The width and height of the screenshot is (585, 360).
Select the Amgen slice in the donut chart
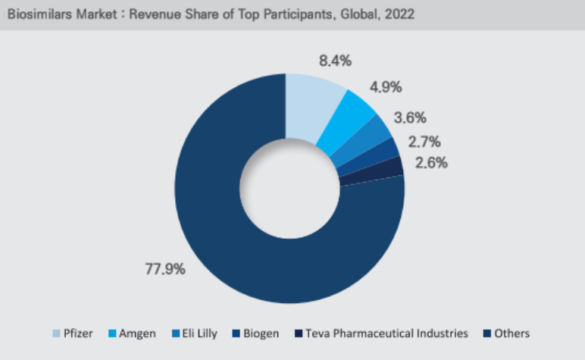(x=350, y=120)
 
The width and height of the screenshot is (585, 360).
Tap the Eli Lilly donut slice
(x=369, y=139)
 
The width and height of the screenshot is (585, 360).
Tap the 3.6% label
(x=411, y=117)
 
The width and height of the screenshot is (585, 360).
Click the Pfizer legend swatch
(x=56, y=333)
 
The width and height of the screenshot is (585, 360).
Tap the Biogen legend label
(x=261, y=333)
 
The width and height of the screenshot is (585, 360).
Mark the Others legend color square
(x=490, y=333)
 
